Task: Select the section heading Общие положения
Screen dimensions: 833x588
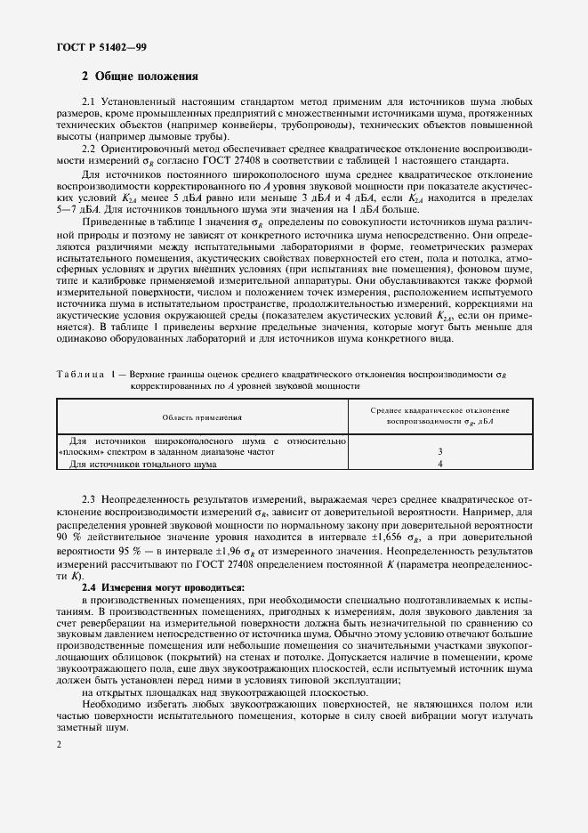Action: (x=147, y=77)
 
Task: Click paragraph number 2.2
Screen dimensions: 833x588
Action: (x=89, y=150)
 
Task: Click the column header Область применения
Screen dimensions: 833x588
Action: (x=202, y=416)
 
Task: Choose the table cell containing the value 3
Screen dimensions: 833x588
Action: (x=439, y=452)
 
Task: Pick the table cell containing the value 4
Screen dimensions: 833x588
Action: (x=439, y=464)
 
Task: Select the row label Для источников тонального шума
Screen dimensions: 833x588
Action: (x=142, y=464)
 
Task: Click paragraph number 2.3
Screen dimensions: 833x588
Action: (x=89, y=502)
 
